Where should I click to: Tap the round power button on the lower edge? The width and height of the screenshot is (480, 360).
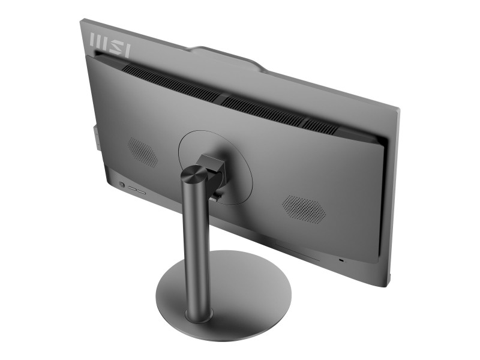point(122,185)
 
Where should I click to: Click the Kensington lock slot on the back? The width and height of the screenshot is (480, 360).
point(342,260)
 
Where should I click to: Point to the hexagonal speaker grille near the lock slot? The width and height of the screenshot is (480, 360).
point(303,208)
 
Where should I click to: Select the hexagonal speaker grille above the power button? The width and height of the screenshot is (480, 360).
point(143,152)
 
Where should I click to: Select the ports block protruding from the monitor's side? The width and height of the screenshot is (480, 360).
point(95,136)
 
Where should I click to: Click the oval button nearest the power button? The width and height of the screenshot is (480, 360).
point(132,188)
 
